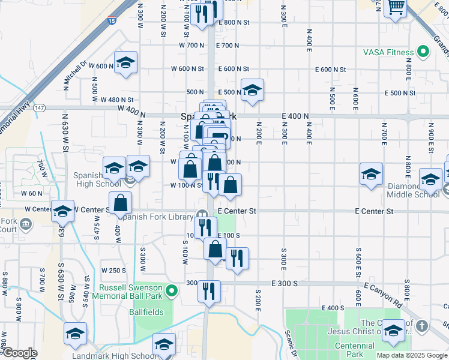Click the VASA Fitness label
388,52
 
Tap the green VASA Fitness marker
424,52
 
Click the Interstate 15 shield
112,21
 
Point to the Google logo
19,353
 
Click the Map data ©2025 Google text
411,355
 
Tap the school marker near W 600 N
126,63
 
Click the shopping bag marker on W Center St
121,203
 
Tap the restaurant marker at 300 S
209,292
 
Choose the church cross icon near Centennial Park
422,326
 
